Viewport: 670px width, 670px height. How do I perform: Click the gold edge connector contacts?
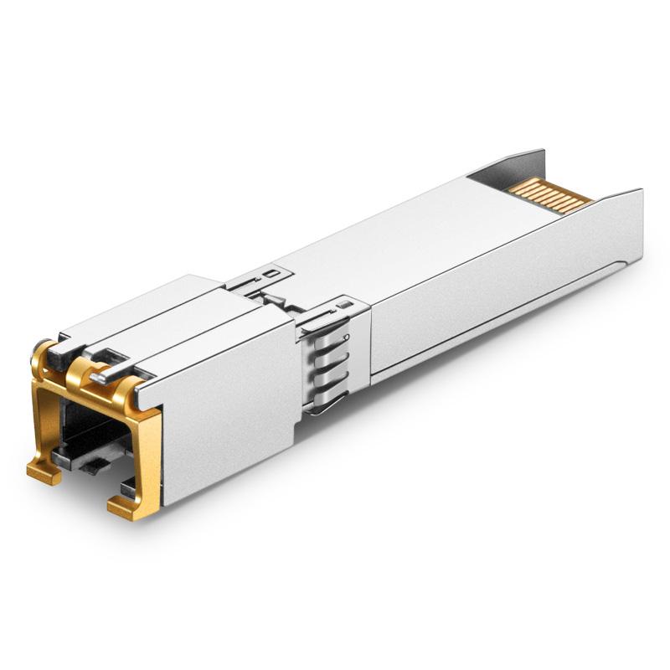(x=549, y=193)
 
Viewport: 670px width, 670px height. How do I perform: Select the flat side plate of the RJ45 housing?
(x=226, y=419)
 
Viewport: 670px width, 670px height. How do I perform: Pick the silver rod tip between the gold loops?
(x=100, y=377)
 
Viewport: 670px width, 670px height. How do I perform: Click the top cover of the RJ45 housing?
(x=167, y=318)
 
